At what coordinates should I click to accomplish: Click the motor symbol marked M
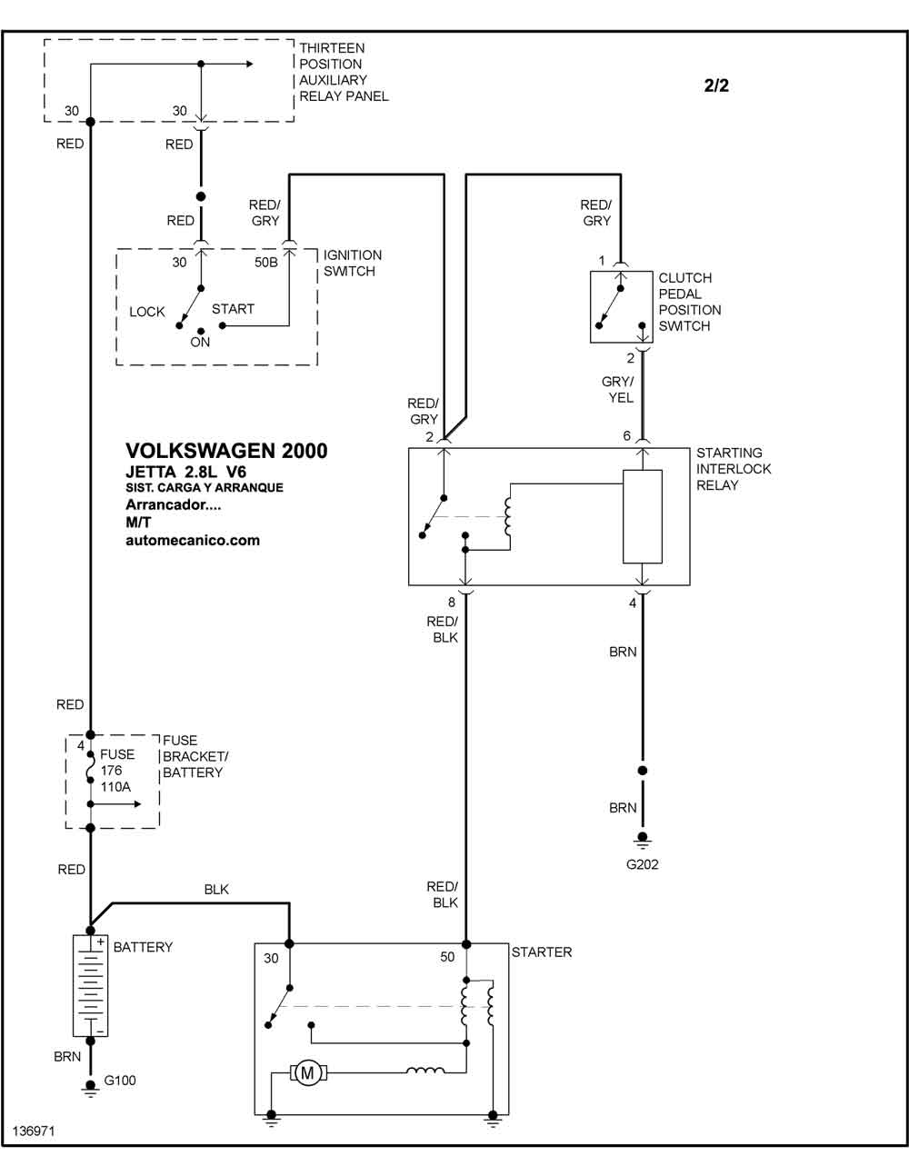(x=307, y=1072)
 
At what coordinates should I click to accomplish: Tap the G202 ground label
(x=643, y=864)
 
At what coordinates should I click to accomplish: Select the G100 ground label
(x=120, y=1081)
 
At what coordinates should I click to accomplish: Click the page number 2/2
(x=716, y=85)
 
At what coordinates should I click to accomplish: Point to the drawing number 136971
(x=34, y=1131)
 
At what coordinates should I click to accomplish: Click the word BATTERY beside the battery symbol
(x=143, y=947)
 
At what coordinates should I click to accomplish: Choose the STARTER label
(x=542, y=952)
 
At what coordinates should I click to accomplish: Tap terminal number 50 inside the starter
(x=447, y=957)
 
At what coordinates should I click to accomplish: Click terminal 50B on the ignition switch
(x=266, y=263)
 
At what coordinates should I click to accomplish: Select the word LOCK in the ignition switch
(x=146, y=312)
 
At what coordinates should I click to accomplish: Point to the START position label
(x=233, y=309)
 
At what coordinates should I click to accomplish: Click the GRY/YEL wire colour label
(x=618, y=390)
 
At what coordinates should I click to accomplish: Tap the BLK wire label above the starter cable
(x=216, y=889)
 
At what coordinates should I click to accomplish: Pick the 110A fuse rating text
(x=115, y=787)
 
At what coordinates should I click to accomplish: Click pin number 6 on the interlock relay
(x=626, y=435)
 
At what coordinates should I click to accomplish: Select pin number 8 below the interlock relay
(x=451, y=602)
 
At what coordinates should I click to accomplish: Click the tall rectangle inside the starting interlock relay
(x=643, y=517)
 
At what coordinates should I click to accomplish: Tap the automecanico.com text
(x=193, y=540)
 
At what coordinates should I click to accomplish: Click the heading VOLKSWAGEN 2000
(x=226, y=451)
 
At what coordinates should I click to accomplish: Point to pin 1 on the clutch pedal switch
(x=602, y=261)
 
